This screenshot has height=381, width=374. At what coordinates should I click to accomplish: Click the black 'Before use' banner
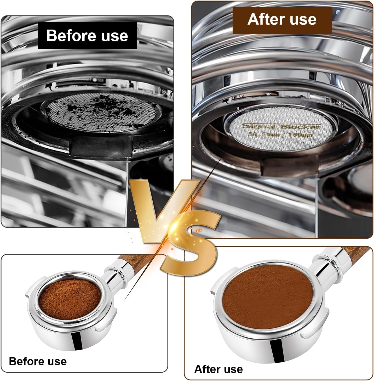coord(87,36)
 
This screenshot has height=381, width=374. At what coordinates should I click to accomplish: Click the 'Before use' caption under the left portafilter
coord(38,361)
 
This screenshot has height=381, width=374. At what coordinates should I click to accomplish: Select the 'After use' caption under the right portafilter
coord(218,369)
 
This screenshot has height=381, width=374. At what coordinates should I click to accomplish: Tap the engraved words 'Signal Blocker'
coord(280,127)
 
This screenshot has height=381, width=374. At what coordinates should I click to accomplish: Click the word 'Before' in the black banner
coord(68,36)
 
